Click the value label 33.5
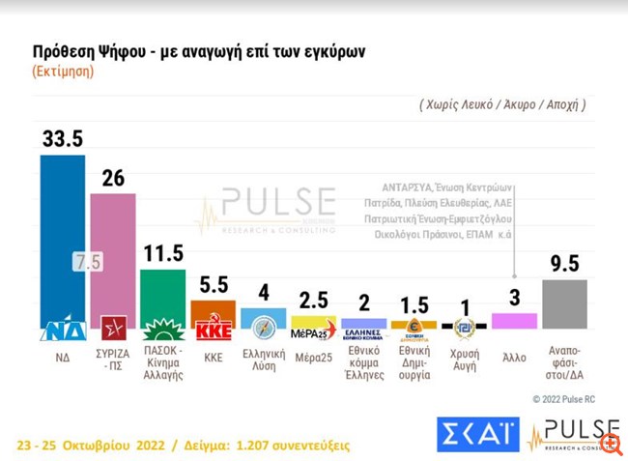click(62, 138)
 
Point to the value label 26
click(111, 178)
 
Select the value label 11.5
click(162, 254)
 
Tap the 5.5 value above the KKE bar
click(214, 286)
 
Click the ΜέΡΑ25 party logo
click(313, 332)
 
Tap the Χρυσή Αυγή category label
click(465, 363)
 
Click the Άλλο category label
click(514, 357)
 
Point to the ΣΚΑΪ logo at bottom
click(477, 436)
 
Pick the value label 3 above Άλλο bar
click(514, 298)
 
